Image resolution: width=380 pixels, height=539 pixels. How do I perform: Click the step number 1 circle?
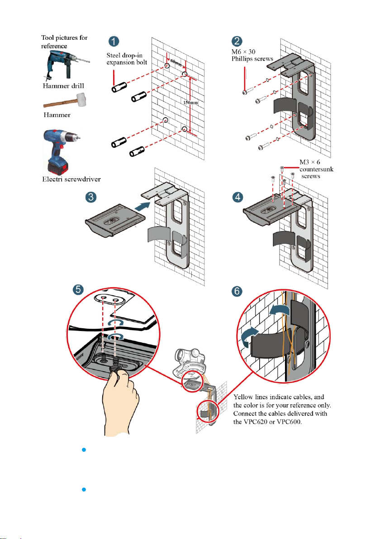114,41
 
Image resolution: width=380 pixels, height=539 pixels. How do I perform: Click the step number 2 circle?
237,41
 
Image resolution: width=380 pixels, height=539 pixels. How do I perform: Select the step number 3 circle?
91,197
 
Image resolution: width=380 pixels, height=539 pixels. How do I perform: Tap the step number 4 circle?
237,197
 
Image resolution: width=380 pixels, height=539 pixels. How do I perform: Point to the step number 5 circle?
78,289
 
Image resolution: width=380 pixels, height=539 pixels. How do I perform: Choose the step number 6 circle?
237,291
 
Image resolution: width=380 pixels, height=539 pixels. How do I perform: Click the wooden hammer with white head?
65,100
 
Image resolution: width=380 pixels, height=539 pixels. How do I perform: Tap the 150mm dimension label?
190,103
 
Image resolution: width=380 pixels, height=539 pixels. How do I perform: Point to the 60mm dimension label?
176,63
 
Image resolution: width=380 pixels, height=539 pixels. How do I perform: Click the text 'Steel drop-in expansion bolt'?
127,59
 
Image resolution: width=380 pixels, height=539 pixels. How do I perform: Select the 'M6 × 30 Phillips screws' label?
252,55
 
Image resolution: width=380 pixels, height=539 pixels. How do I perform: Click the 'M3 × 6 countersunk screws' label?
316,169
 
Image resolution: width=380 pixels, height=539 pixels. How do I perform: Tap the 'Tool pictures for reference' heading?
64,42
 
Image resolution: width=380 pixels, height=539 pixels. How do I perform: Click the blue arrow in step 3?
142,207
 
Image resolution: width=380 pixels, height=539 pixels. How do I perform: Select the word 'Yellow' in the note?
243,397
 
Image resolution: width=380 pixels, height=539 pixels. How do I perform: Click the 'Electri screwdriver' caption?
71,179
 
